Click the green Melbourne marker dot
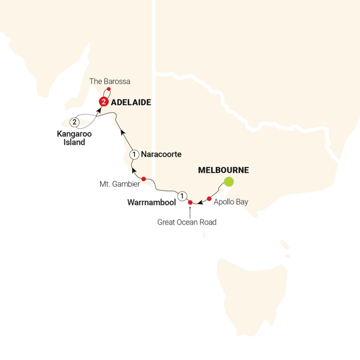[x=228, y=182]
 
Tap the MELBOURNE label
[x=223, y=170]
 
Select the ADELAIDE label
[x=131, y=103]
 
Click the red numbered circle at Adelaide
[x=104, y=102]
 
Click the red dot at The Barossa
[x=109, y=90]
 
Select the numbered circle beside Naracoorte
[x=135, y=155]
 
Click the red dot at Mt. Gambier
[x=144, y=179]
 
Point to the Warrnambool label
[x=150, y=203]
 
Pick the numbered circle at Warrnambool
[x=182, y=194]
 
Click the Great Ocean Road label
[x=187, y=222]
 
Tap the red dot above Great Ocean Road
[x=190, y=203]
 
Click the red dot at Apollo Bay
[x=209, y=199]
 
